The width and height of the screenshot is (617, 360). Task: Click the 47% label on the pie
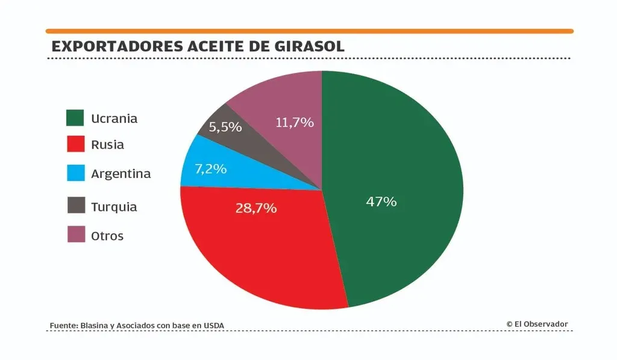(x=381, y=202)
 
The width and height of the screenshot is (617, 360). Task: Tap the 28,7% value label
(x=256, y=209)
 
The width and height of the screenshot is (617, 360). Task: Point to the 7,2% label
(x=211, y=169)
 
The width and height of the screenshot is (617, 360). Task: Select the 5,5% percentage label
(x=225, y=127)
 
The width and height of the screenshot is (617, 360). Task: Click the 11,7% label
(x=295, y=122)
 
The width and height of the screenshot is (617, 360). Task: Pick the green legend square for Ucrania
(x=75, y=118)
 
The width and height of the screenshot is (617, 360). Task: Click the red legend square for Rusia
(x=75, y=145)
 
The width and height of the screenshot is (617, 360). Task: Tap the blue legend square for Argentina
(x=75, y=174)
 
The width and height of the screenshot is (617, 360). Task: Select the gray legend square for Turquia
(x=75, y=206)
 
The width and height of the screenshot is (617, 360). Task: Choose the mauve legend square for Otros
(x=75, y=235)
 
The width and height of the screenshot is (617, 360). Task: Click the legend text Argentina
(x=121, y=174)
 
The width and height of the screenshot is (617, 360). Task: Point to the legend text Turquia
(x=114, y=207)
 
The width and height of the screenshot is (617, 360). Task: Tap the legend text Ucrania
(x=114, y=118)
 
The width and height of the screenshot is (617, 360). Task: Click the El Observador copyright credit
(x=537, y=324)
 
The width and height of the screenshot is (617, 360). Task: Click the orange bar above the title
(x=309, y=31)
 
